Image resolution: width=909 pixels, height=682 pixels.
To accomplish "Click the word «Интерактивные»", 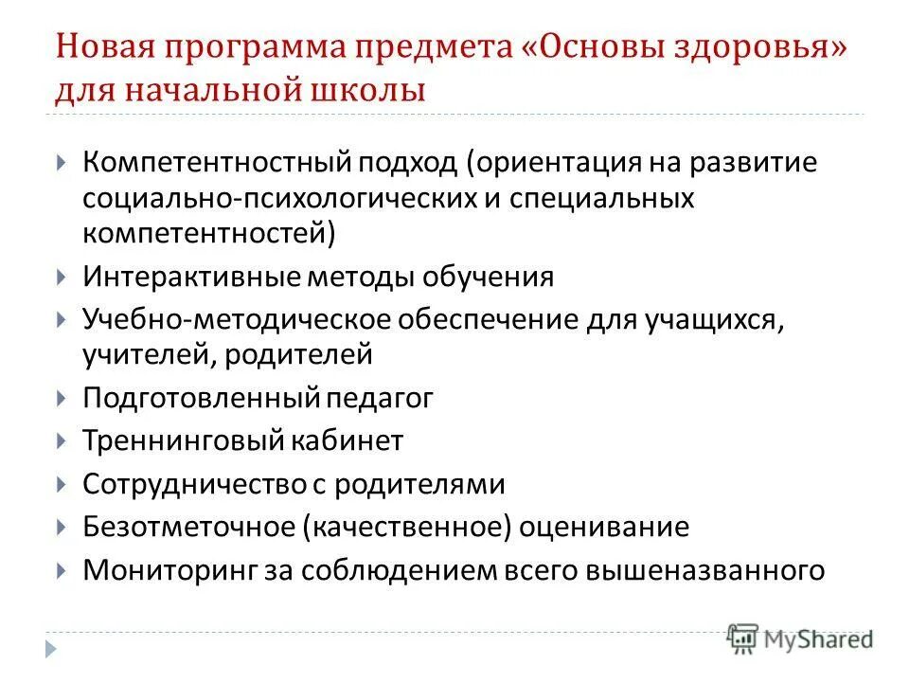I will pyautogui.click(x=189, y=277).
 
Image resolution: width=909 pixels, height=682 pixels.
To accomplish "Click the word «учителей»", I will pyautogui.click(x=137, y=355).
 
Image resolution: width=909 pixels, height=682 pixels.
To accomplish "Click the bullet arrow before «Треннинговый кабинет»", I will pyautogui.click(x=62, y=441).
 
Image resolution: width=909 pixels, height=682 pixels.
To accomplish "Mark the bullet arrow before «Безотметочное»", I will pyautogui.click(x=62, y=528).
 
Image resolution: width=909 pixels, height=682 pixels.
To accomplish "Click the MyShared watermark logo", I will pyautogui.click(x=801, y=637).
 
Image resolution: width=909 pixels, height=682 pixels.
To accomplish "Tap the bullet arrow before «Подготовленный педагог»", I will pyautogui.click(x=62, y=399).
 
